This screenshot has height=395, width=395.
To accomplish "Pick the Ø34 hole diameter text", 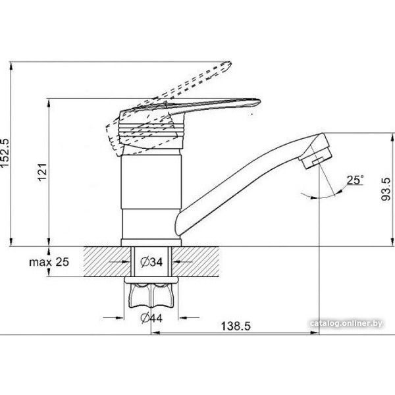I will [153, 262].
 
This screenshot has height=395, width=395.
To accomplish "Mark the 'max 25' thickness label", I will [49, 262].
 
